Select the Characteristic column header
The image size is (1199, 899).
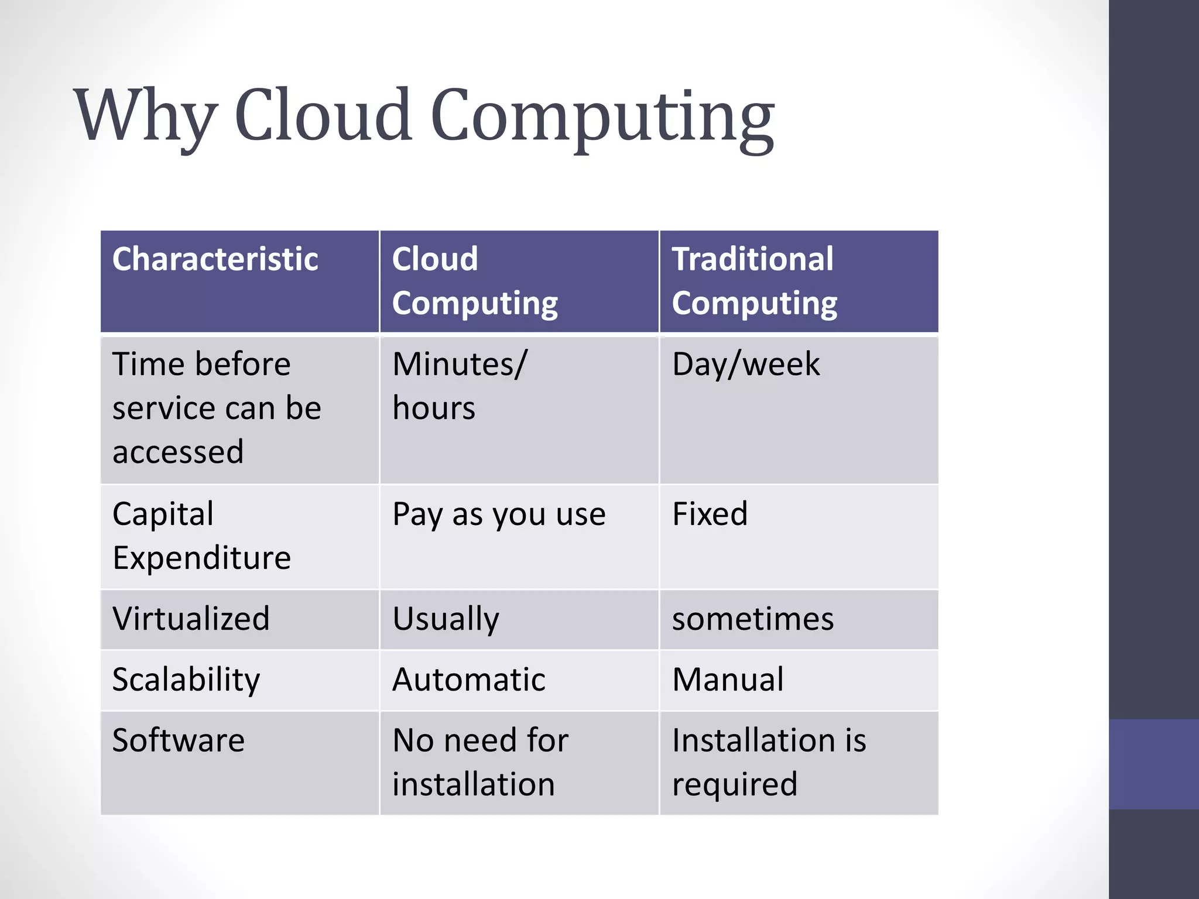pos(215,259)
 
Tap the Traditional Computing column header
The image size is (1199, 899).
pos(754,281)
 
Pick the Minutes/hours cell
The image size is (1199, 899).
pos(460,386)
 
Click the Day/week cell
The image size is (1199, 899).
pos(745,365)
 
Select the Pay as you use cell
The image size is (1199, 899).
pos(499,515)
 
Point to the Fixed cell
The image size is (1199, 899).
pos(710,514)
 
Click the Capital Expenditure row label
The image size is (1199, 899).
pos(201,536)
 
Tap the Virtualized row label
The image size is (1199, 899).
pos(191,619)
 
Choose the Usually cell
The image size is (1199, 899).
pos(446,619)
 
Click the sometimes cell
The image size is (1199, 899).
pos(752,619)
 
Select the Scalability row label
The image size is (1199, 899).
pos(186,680)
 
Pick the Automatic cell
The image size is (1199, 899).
pos(468,680)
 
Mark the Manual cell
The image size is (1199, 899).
pos(727,680)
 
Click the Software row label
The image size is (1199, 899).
pos(178,740)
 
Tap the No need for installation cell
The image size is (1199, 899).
pos(480,762)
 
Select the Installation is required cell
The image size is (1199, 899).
pos(768,762)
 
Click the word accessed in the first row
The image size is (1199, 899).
pos(177,452)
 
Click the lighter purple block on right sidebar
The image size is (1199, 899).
pos(1153,764)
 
